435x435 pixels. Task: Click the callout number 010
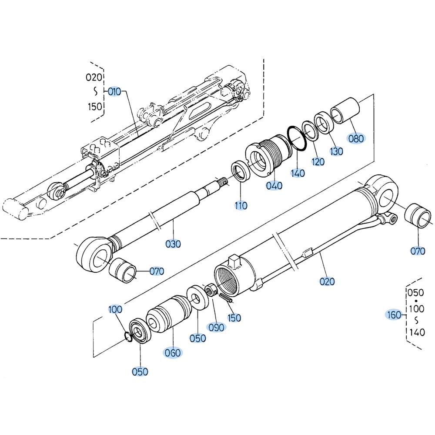(x=114, y=91)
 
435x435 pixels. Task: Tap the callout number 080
(x=356, y=138)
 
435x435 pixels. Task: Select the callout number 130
(x=336, y=151)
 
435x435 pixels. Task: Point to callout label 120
(x=318, y=161)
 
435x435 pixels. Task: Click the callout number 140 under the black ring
(x=298, y=174)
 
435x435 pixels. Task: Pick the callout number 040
(x=274, y=186)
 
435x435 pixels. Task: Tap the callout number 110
(x=241, y=206)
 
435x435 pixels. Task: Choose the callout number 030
(x=173, y=244)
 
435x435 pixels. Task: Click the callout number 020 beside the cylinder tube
(x=328, y=281)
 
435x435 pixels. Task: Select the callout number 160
(x=394, y=315)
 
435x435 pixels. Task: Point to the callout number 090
(x=216, y=328)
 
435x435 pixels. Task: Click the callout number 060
(x=173, y=353)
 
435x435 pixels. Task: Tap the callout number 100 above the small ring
(x=115, y=309)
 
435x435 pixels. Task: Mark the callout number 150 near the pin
(x=234, y=318)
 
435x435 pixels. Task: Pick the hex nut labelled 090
(x=211, y=290)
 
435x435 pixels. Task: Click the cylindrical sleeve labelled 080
(x=345, y=110)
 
